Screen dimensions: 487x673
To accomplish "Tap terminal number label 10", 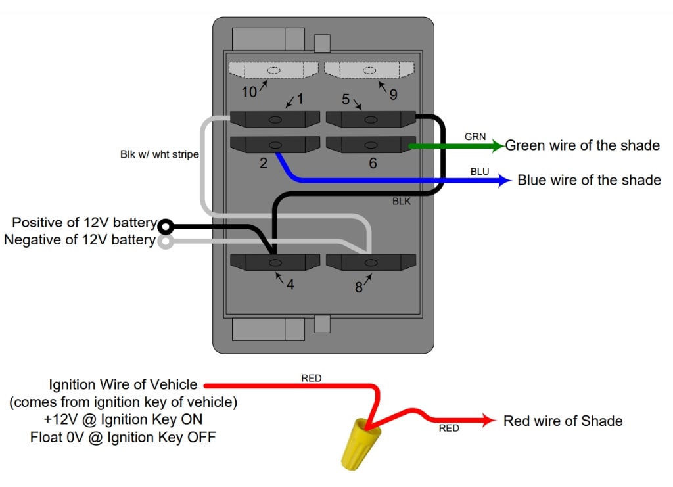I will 249,92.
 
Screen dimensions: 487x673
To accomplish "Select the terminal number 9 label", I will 393,95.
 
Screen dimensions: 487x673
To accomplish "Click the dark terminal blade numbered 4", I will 275,262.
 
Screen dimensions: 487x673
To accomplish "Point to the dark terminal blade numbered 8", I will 371,262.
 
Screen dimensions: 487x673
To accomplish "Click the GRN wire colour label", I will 475,137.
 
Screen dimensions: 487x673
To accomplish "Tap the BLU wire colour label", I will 480,171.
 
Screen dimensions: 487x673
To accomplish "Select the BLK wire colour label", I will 401,201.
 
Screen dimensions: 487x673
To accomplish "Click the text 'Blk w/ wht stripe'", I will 159,155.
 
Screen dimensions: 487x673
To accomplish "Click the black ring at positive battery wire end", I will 166,227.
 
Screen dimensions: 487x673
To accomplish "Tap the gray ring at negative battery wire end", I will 166,242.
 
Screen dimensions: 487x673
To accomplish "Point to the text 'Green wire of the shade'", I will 582,145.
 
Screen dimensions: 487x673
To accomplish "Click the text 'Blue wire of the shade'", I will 589,179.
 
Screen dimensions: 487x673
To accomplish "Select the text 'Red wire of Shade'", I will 563,421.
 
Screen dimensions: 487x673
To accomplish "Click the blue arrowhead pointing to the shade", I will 505,180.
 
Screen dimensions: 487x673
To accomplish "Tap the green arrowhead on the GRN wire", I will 498,145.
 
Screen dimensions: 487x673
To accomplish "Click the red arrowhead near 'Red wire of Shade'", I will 489,421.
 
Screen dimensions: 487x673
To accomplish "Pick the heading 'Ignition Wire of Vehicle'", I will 123,384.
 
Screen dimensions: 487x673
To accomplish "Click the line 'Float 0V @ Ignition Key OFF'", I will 123,436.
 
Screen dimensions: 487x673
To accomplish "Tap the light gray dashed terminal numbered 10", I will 273,70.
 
